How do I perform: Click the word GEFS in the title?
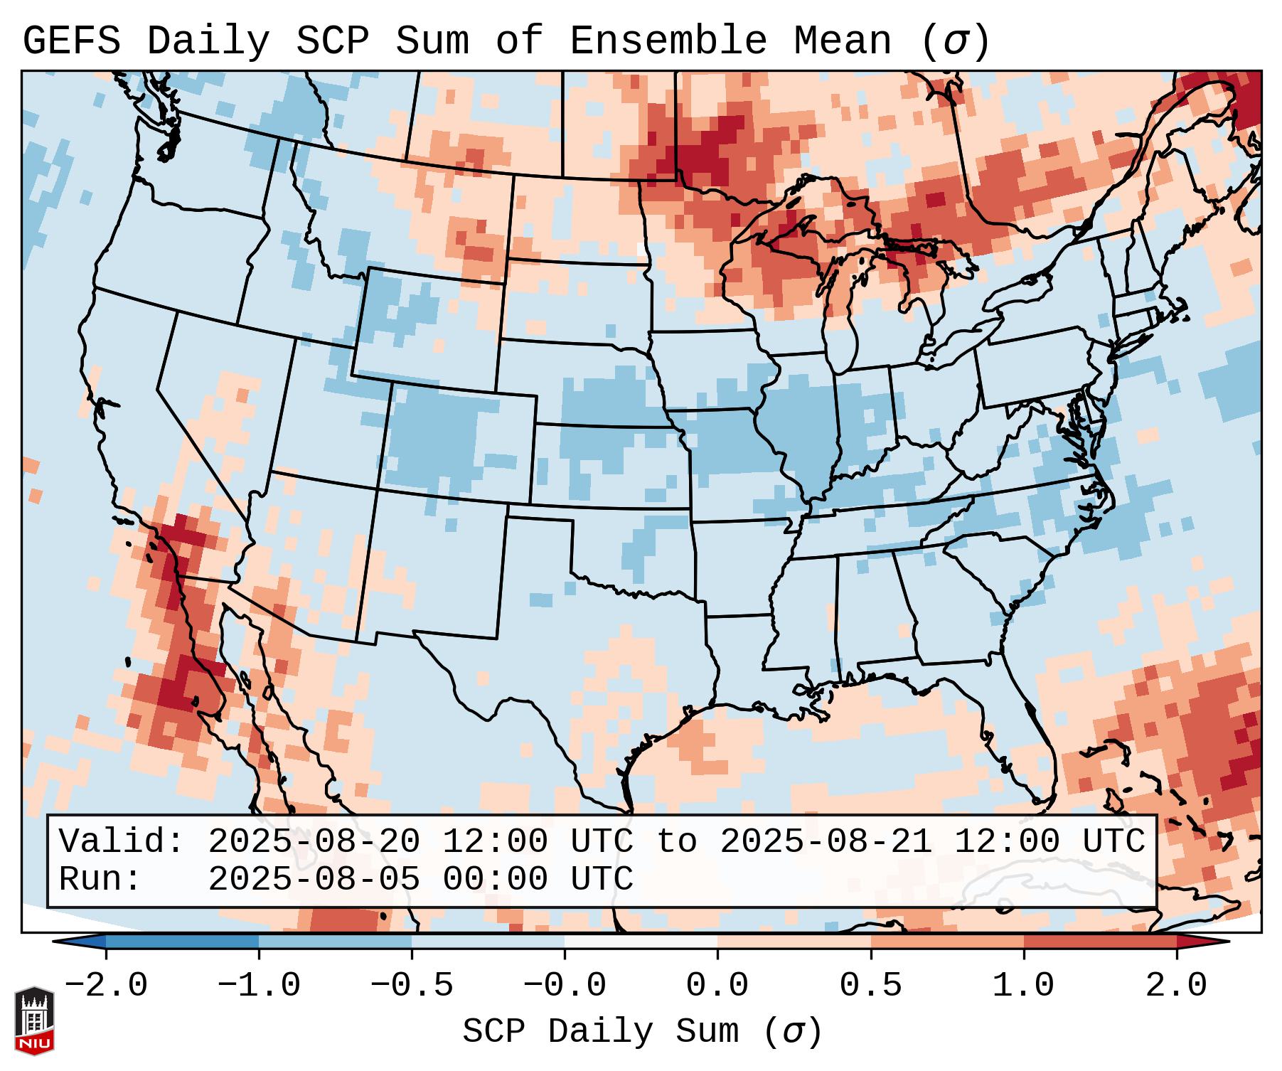pyautogui.click(x=71, y=41)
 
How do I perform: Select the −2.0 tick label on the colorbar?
pyautogui.click(x=106, y=986)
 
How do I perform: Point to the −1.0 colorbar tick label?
pyautogui.click(x=259, y=986)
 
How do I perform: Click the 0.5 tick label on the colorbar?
pyautogui.click(x=870, y=986)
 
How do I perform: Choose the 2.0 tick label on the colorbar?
pyautogui.click(x=1176, y=986)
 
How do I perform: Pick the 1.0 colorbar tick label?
pyautogui.click(x=1023, y=986)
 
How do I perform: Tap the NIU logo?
pyautogui.click(x=34, y=1020)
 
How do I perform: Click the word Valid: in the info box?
pyautogui.click(x=122, y=842)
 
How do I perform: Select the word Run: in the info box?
pyautogui.click(x=100, y=880)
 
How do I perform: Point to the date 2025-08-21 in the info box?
pyautogui.click(x=826, y=842)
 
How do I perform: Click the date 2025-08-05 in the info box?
pyautogui.click(x=314, y=880)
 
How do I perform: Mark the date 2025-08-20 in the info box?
pyautogui.click(x=314, y=842)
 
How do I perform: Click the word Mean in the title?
pyautogui.click(x=842, y=41)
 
